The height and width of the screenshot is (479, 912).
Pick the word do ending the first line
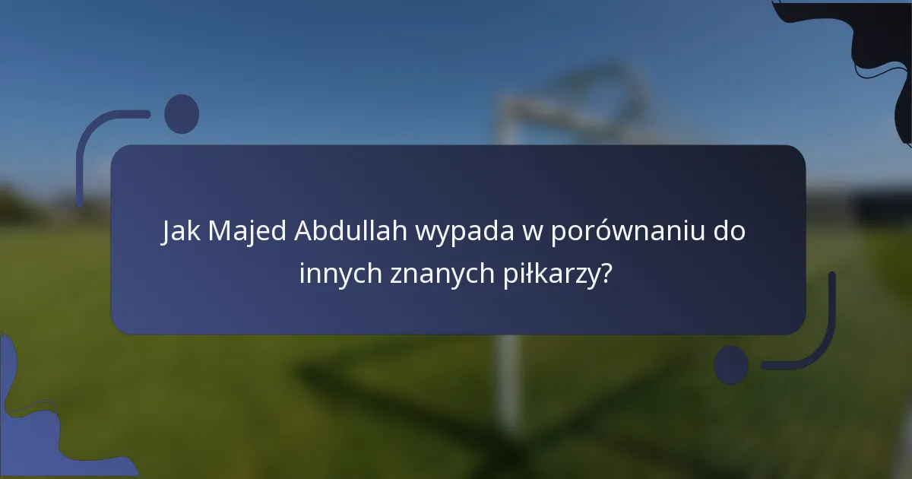coord(729,232)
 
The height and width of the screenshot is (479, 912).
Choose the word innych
coord(340,273)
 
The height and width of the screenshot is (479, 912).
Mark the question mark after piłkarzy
coord(606,273)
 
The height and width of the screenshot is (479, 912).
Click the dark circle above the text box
coord(182,114)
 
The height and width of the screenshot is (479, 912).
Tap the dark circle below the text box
coord(731,364)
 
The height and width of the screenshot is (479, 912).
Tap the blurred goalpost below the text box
coord(508,380)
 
